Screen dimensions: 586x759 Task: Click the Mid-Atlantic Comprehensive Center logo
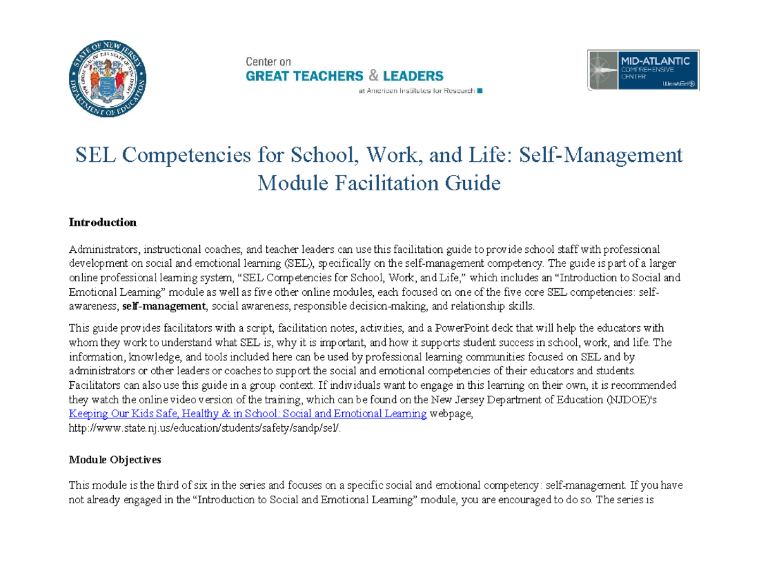coord(643,70)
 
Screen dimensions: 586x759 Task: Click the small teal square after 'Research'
coord(479,91)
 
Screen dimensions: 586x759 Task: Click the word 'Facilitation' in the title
coord(388,183)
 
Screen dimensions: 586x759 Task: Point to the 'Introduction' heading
coord(102,223)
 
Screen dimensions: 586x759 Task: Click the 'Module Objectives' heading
coord(114,459)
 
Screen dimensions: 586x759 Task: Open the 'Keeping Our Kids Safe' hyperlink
coord(247,414)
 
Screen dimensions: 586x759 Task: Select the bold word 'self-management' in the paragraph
coord(164,307)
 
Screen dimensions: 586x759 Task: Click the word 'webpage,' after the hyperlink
coord(451,414)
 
